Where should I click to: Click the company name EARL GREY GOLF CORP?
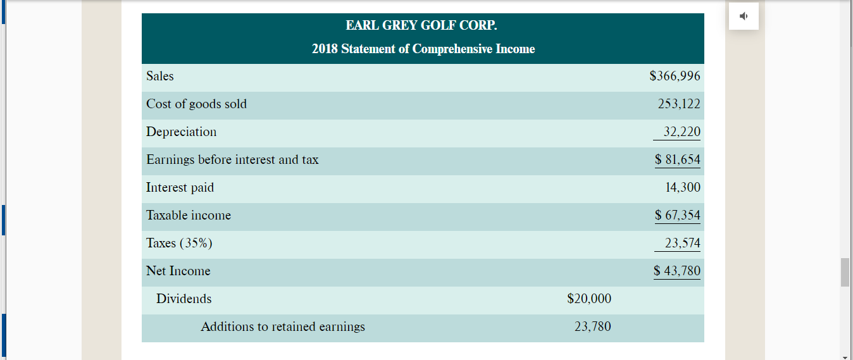422,26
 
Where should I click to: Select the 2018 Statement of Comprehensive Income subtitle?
423,49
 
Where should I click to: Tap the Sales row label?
160,77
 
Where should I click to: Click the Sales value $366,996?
675,77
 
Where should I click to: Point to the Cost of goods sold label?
196,104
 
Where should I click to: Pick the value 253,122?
678,104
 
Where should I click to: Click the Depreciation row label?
181,132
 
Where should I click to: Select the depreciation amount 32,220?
682,132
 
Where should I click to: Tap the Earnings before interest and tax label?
232,160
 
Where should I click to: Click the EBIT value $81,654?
677,160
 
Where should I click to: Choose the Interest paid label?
180,188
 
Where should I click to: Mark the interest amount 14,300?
683,188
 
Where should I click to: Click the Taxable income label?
189,216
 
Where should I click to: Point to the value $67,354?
677,216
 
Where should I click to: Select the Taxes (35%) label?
179,244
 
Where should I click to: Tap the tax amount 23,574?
682,244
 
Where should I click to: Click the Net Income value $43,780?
677,271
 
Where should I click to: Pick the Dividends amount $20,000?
589,299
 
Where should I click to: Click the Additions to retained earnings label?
283,327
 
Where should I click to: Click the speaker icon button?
744,17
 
